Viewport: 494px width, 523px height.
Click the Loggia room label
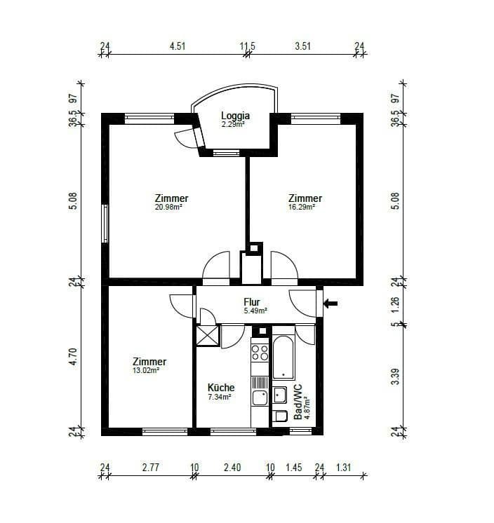[x=235, y=116]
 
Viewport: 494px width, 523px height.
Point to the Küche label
[x=221, y=388]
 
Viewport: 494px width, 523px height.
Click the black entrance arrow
[x=332, y=303]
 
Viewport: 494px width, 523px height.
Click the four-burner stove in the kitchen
[x=260, y=352]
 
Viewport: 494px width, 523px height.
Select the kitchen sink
[x=260, y=398]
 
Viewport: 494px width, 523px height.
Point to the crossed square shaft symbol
[x=208, y=337]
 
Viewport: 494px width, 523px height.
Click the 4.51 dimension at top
[x=178, y=48]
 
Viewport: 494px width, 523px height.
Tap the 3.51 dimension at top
[x=303, y=48]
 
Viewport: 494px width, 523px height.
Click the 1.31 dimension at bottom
[x=343, y=468]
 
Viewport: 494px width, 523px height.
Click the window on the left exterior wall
[x=105, y=224]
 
